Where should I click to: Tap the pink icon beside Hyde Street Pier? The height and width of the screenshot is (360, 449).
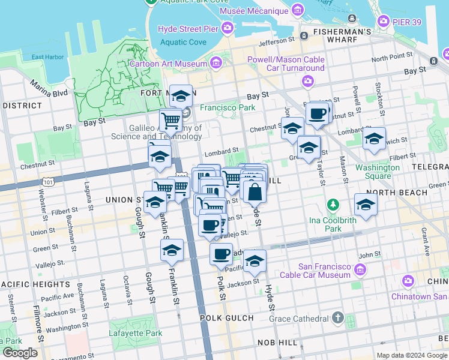[228, 28]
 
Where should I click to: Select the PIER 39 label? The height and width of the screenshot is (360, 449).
[411, 22]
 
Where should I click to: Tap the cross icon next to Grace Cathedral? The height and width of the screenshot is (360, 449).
[338, 317]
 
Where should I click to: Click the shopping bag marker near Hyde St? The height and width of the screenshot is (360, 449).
[255, 192]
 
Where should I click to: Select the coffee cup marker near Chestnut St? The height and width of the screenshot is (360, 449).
[317, 113]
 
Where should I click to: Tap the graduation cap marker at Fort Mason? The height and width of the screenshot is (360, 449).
[181, 96]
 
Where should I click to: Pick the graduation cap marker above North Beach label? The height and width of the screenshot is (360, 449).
[366, 205]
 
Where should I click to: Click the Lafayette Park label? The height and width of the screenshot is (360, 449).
[136, 333]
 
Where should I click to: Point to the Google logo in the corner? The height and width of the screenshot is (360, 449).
[20, 353]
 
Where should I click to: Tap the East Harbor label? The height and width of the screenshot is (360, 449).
[47, 58]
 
